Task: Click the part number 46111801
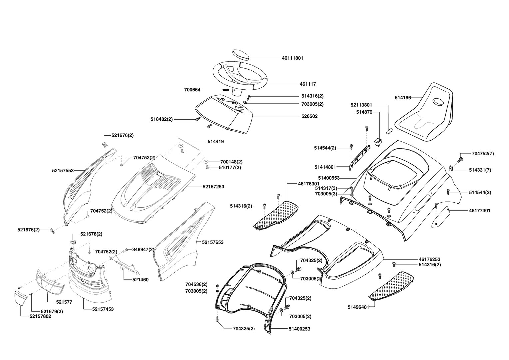pyautogui.click(x=292, y=58)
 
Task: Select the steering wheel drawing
pyautogui.click(x=240, y=79)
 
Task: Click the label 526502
pyautogui.click(x=309, y=116)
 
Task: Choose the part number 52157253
pyautogui.click(x=213, y=187)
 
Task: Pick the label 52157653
pyautogui.click(x=212, y=242)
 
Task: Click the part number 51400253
pyautogui.click(x=299, y=329)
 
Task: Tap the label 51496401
pyautogui.click(x=358, y=307)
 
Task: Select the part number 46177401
pyautogui.click(x=480, y=211)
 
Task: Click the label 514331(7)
pyautogui.click(x=480, y=170)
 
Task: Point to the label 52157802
pyautogui.click(x=40, y=316)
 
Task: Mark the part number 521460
pyautogui.click(x=140, y=280)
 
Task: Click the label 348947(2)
pyautogui.click(x=143, y=249)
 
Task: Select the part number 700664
pyautogui.click(x=192, y=90)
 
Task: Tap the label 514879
pyautogui.click(x=364, y=112)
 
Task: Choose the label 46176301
pyautogui.click(x=309, y=184)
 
